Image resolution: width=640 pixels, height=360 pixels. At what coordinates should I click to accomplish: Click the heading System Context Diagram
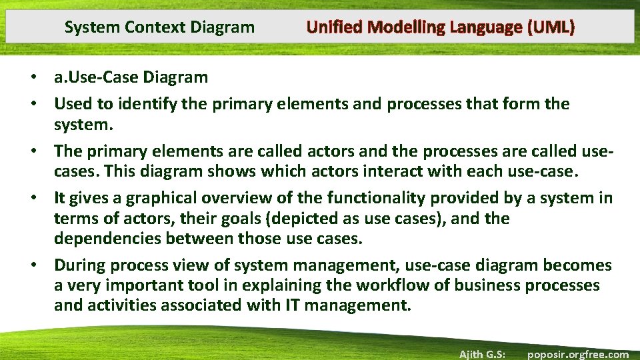tap(159, 27)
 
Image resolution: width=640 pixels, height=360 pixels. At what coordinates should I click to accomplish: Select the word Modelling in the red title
tap(407, 27)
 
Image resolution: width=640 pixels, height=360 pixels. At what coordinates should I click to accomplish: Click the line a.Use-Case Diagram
tap(131, 77)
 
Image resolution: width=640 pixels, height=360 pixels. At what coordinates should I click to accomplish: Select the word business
tap(492, 286)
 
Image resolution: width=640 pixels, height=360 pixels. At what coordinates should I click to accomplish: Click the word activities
tap(117, 306)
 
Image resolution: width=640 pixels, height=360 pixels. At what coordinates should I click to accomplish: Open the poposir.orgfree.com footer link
tap(577, 354)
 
